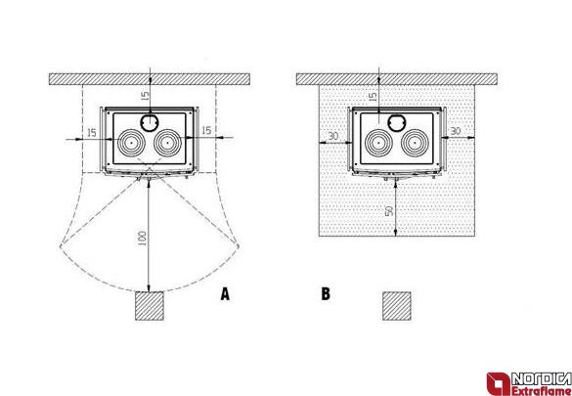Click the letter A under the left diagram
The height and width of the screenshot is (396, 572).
tap(225, 294)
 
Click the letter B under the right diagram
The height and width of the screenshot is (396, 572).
tap(326, 294)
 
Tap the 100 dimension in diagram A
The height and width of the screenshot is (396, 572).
tap(143, 238)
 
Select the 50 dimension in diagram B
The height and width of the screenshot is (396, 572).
tap(389, 210)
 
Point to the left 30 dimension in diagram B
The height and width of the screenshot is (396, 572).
tap(333, 136)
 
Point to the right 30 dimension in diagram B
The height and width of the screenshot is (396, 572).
tap(456, 131)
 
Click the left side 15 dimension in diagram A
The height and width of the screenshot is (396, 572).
tap(92, 132)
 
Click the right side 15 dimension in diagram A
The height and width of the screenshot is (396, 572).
tap(206, 130)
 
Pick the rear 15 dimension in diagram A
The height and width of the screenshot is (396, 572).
tap(145, 96)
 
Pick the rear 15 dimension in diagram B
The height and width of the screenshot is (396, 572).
tap(373, 97)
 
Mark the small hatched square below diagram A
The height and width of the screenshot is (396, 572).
tap(150, 306)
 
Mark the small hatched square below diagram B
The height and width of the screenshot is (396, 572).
tap(397, 306)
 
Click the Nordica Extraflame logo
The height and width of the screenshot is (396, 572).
tap(529, 383)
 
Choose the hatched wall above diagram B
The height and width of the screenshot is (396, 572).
tap(397, 79)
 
